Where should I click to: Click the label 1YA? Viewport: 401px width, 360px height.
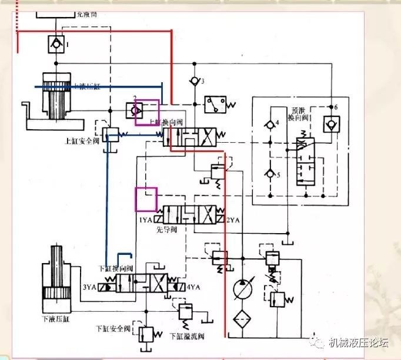146,220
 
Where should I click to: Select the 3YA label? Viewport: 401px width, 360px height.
89,287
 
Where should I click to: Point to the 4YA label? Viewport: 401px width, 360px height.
192,287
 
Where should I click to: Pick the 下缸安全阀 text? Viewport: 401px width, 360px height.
118,327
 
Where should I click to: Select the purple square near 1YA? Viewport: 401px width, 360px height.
146,199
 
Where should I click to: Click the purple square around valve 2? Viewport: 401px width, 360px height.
147,112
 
